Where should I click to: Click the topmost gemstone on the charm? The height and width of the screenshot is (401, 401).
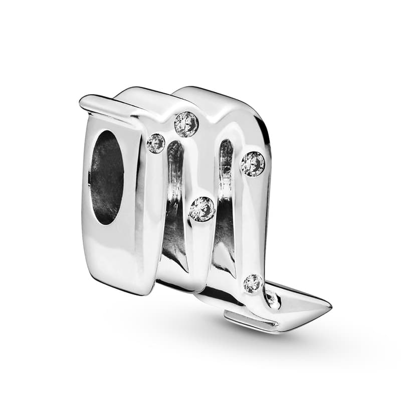tap(186, 124)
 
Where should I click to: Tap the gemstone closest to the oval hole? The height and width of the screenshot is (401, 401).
tap(156, 144)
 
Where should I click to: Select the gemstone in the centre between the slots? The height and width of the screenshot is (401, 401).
tap(202, 209)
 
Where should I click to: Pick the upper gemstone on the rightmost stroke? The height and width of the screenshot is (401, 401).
tap(253, 164)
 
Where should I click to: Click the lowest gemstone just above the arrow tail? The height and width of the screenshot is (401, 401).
tap(253, 284)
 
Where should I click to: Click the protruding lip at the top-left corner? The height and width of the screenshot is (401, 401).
tap(93, 103)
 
